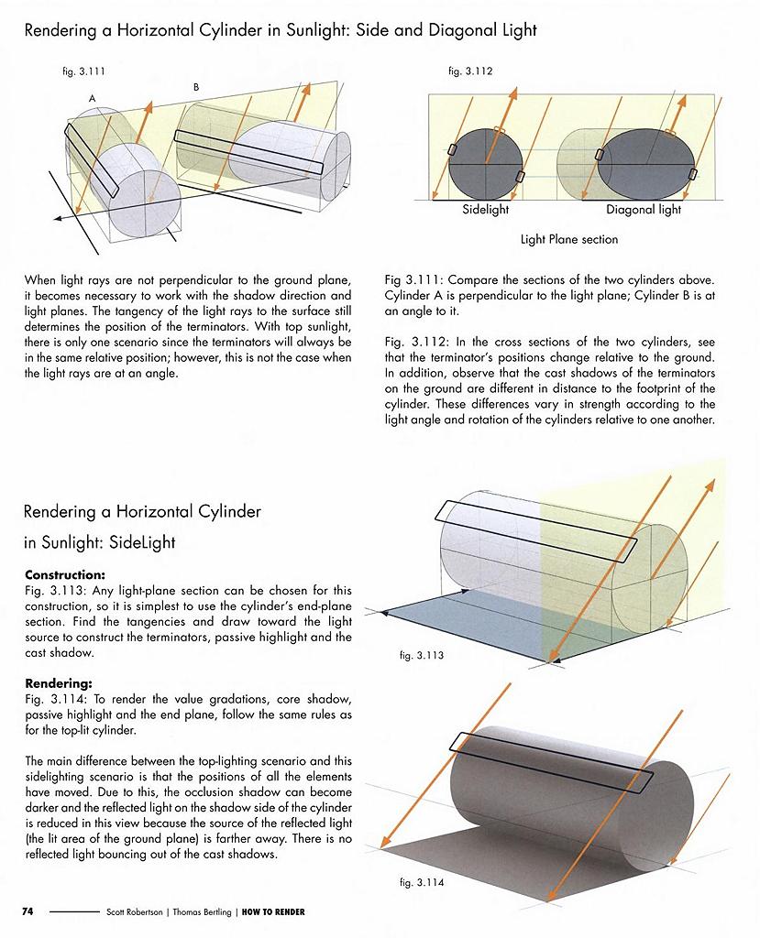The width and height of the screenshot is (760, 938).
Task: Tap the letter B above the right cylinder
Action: coord(196,86)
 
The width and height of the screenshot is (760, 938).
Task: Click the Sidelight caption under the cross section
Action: coord(486,210)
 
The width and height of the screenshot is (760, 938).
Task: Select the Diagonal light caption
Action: coord(644,210)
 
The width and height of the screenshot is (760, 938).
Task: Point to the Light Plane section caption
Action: coord(569,240)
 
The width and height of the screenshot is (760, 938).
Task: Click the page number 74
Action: coord(28,911)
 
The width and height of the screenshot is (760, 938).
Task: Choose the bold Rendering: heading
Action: coord(57,682)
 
